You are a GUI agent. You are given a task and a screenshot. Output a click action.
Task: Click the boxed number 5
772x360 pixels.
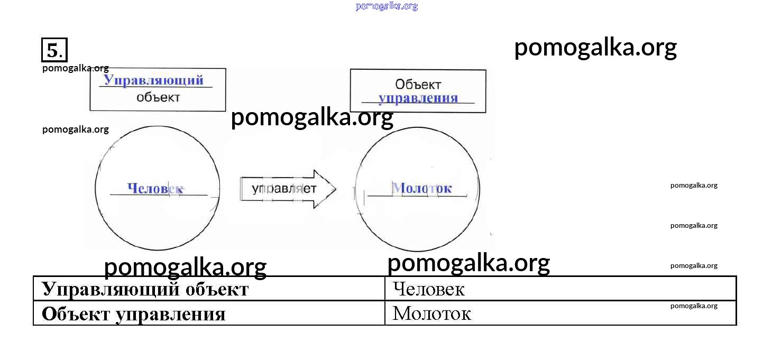tap(54, 50)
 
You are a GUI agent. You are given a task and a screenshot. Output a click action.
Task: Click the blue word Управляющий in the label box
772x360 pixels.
tap(153, 80)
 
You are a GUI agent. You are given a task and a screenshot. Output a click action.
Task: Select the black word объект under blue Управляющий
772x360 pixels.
tap(158, 97)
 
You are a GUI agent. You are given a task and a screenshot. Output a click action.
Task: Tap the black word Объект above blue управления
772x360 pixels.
tap(418, 84)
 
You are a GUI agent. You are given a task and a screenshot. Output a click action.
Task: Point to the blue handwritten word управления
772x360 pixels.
tap(418, 98)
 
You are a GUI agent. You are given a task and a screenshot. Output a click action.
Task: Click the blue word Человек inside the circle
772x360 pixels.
tap(155, 188)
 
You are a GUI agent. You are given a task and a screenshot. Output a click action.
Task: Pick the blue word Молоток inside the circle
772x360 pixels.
tap(421, 188)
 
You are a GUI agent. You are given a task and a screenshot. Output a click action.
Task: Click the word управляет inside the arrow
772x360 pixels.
tap(284, 189)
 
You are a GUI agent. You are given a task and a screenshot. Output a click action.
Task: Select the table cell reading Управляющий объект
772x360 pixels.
tap(209, 289)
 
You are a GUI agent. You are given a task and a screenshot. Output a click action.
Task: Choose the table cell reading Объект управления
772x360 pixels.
tap(209, 313)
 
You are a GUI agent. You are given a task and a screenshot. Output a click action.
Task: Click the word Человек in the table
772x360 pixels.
tap(429, 289)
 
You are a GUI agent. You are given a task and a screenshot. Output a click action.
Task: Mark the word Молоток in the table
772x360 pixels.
tap(431, 314)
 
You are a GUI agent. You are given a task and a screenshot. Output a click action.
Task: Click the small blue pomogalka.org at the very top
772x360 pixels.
tap(387, 6)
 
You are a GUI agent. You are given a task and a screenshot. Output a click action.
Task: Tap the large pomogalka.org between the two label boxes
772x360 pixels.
tap(312, 117)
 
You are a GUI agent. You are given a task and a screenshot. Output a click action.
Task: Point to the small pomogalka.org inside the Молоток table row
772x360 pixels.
tap(694, 306)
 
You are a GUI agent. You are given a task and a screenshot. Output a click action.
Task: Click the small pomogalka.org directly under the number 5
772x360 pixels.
tap(76, 68)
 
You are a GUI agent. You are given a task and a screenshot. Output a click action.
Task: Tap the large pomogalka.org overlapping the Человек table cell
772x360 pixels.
tap(468, 263)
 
